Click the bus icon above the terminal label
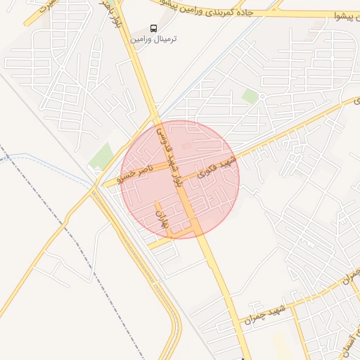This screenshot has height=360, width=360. (x=153, y=28)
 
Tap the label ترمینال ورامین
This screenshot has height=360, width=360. (x=153, y=39)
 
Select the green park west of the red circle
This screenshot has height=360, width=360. (x=102, y=156)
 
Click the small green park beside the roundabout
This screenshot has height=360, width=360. (x=250, y=95)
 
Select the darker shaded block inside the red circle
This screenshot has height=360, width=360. (x=186, y=146)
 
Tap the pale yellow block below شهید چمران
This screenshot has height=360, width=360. (x=281, y=345)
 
